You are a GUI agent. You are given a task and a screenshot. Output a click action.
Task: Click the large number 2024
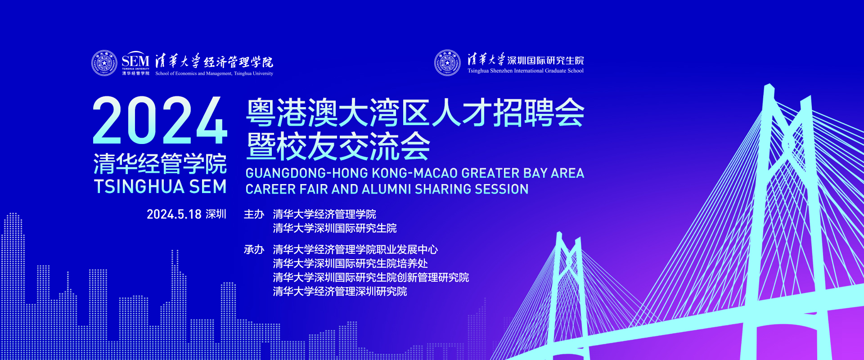160,121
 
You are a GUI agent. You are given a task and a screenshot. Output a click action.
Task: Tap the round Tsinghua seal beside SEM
104,63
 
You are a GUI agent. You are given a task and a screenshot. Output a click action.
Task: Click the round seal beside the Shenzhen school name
447,63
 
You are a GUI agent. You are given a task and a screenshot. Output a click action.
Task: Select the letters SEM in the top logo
135,60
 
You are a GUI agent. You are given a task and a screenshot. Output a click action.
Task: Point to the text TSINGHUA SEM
160,187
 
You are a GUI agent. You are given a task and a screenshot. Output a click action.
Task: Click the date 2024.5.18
174,214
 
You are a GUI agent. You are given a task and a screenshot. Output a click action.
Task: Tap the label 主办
254,214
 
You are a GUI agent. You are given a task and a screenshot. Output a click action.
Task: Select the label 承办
254,249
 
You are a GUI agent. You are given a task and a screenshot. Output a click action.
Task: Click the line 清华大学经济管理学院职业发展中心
355,249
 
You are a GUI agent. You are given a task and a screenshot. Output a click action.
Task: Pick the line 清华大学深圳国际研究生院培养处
350,263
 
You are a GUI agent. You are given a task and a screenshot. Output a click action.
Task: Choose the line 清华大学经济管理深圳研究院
340,291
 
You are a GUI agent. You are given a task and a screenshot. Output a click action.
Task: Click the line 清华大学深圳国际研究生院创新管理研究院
371,277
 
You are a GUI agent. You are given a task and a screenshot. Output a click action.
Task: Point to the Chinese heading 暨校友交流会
338,147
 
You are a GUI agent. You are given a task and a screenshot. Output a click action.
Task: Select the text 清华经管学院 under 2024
160,163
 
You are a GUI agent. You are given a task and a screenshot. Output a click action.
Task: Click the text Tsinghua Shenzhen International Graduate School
526,71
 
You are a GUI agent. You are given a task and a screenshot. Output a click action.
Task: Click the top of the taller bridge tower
769,86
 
